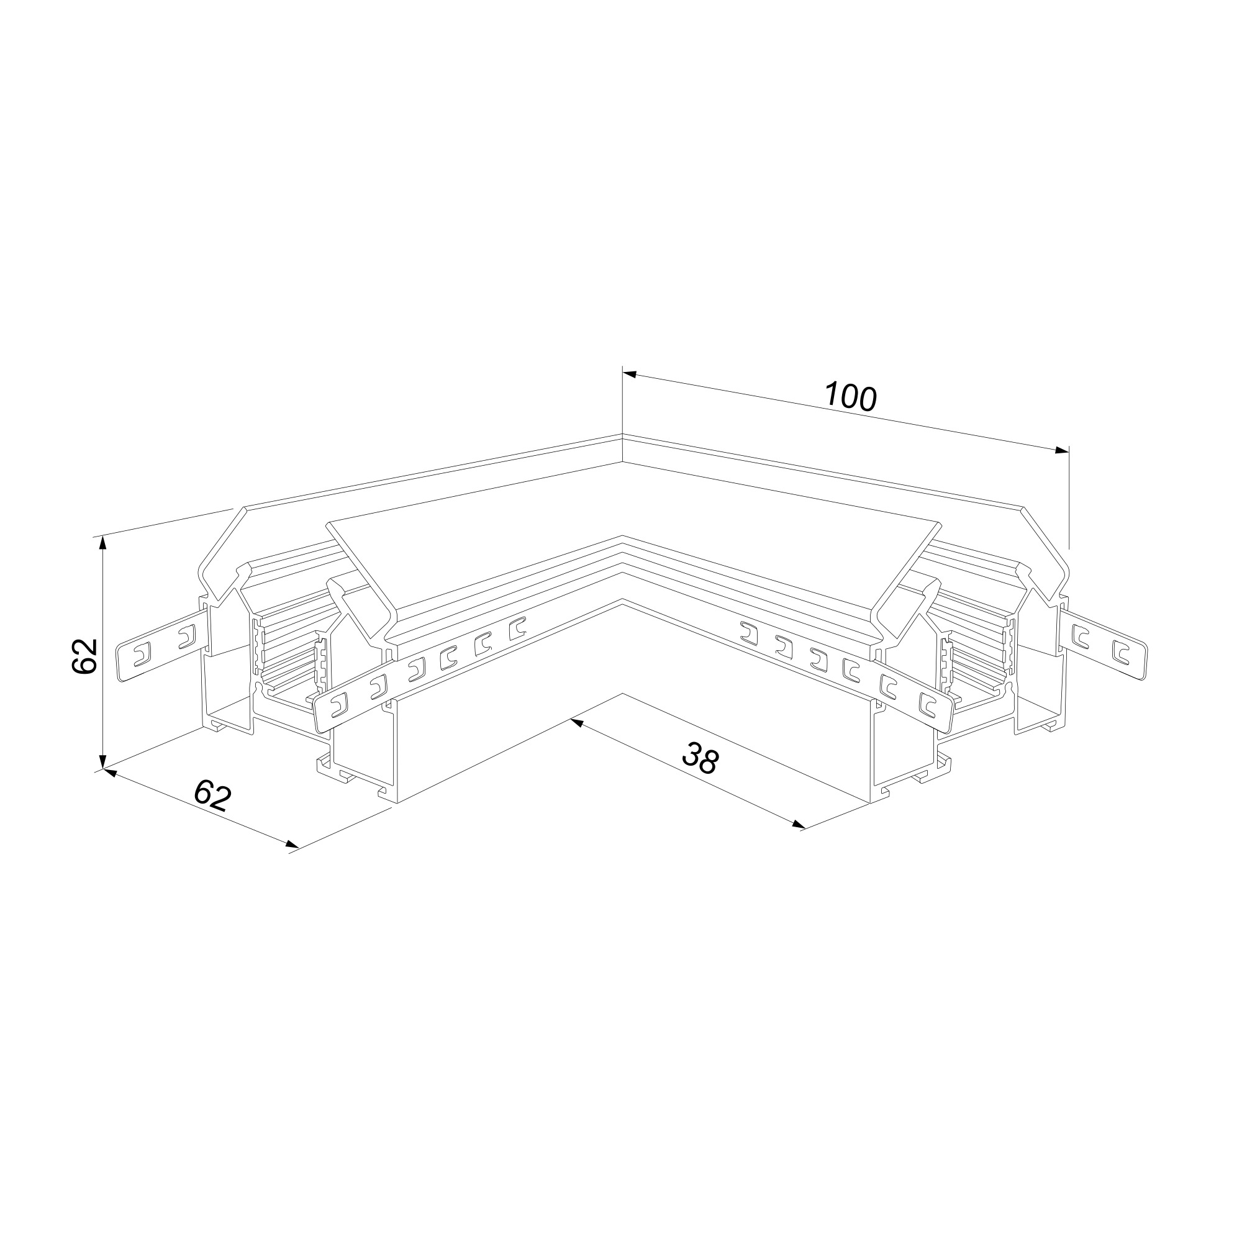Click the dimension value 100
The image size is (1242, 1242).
(x=851, y=397)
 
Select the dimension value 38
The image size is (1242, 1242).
(x=700, y=758)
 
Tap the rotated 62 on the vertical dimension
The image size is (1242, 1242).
(x=84, y=656)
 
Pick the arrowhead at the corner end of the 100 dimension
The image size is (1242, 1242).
(x=630, y=374)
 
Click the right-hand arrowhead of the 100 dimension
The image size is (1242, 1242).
(x=1062, y=450)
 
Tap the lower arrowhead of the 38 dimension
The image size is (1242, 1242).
(x=799, y=825)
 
